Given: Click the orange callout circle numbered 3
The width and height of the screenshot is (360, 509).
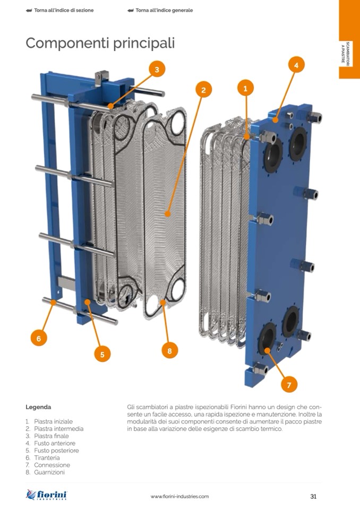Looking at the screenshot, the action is pyautogui.click(x=157, y=70).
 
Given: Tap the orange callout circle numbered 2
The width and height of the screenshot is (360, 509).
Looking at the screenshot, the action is pyautogui.click(x=203, y=90).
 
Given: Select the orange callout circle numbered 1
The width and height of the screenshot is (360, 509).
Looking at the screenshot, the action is pyautogui.click(x=245, y=88).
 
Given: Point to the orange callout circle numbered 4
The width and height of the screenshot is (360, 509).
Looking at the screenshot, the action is pyautogui.click(x=296, y=65).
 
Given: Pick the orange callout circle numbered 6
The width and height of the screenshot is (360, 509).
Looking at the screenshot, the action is pyautogui.click(x=39, y=338).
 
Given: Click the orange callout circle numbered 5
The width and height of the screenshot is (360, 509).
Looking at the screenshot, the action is pyautogui.click(x=102, y=354).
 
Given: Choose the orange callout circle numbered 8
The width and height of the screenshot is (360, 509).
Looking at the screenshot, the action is pyautogui.click(x=169, y=351).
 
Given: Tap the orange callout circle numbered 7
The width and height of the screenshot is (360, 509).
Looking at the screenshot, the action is pyautogui.click(x=289, y=385).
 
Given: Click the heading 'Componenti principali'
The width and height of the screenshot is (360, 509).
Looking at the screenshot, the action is pyautogui.click(x=100, y=43).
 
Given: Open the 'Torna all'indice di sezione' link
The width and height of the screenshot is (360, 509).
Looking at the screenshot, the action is pyautogui.click(x=59, y=10).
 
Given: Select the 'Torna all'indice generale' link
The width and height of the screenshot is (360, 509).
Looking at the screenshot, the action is pyautogui.click(x=160, y=10).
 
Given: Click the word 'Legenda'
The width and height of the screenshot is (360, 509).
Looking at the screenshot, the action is pyautogui.click(x=38, y=407).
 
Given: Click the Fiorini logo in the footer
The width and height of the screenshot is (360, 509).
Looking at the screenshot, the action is pyautogui.click(x=46, y=495).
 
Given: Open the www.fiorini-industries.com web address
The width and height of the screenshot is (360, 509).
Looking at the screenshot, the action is pyautogui.click(x=180, y=496).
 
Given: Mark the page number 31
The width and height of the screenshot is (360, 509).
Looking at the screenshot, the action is pyautogui.click(x=313, y=496).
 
